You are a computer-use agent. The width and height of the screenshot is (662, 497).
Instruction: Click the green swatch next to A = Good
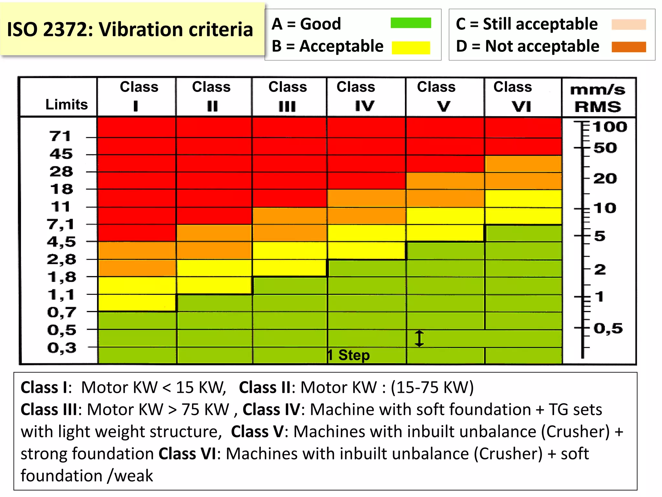411,23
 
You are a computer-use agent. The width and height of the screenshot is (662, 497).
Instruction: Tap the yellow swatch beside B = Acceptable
411,47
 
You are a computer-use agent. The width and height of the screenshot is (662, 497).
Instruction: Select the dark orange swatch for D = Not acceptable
628,47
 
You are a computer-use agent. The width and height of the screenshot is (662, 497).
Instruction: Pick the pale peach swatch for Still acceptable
628,25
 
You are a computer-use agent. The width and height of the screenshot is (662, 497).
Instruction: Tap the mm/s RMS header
598,98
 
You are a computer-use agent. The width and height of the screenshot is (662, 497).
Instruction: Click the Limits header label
66,105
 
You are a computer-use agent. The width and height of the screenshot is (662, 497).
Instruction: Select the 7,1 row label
60,224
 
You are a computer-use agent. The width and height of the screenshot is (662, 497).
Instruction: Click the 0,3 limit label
62,348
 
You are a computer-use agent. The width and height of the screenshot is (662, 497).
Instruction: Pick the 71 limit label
60,136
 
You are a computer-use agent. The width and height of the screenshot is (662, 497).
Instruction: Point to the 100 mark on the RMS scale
610,127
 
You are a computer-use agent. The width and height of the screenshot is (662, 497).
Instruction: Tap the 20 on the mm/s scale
605,179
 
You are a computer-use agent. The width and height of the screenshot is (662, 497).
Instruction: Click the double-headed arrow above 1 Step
419,338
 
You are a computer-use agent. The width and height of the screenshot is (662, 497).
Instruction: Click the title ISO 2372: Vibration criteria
130,30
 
